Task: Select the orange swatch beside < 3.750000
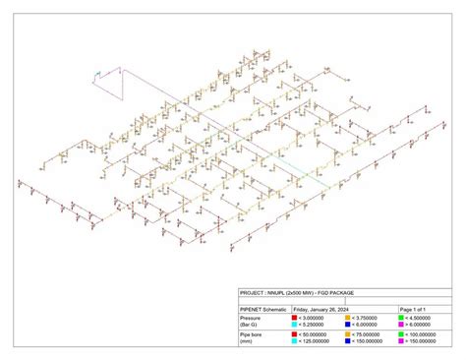tap(348, 317)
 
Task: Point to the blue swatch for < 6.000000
tap(348, 324)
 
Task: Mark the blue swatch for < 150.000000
tap(348, 341)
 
